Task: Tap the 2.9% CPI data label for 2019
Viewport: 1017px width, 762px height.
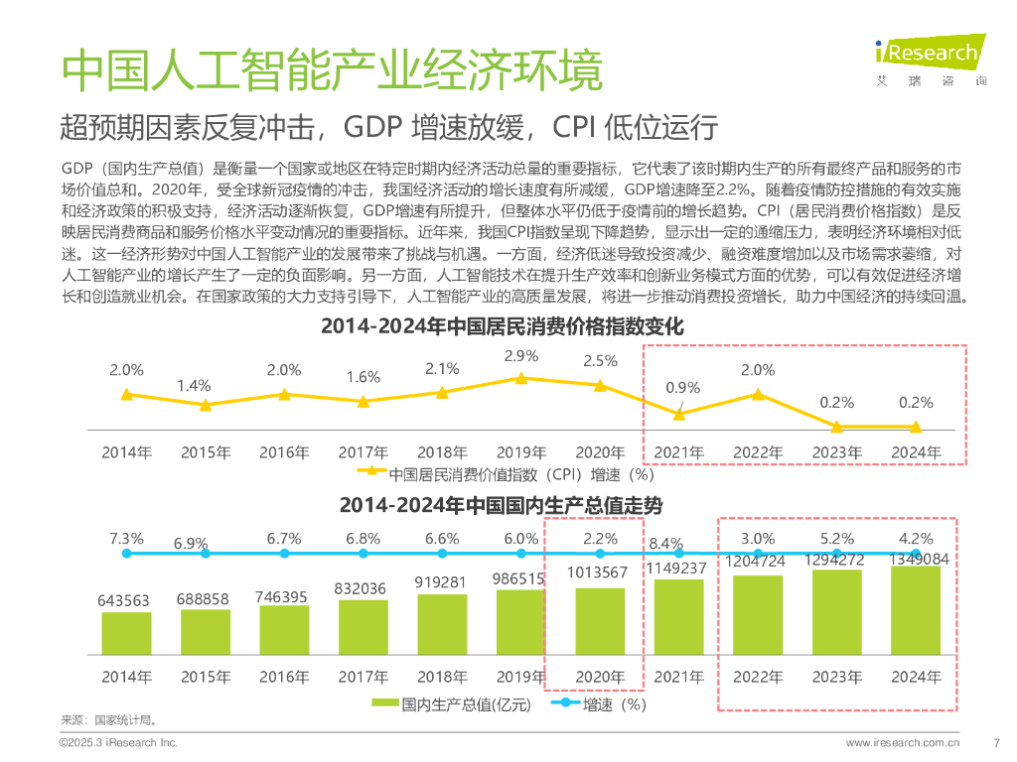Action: tap(521, 355)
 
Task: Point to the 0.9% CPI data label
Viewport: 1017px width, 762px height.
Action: tap(683, 387)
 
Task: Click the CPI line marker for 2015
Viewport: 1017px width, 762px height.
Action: tap(206, 405)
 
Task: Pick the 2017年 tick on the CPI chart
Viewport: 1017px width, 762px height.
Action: tap(363, 452)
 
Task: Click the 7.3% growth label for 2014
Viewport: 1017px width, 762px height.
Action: tap(126, 539)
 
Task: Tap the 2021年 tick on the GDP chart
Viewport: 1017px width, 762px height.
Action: tap(679, 678)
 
